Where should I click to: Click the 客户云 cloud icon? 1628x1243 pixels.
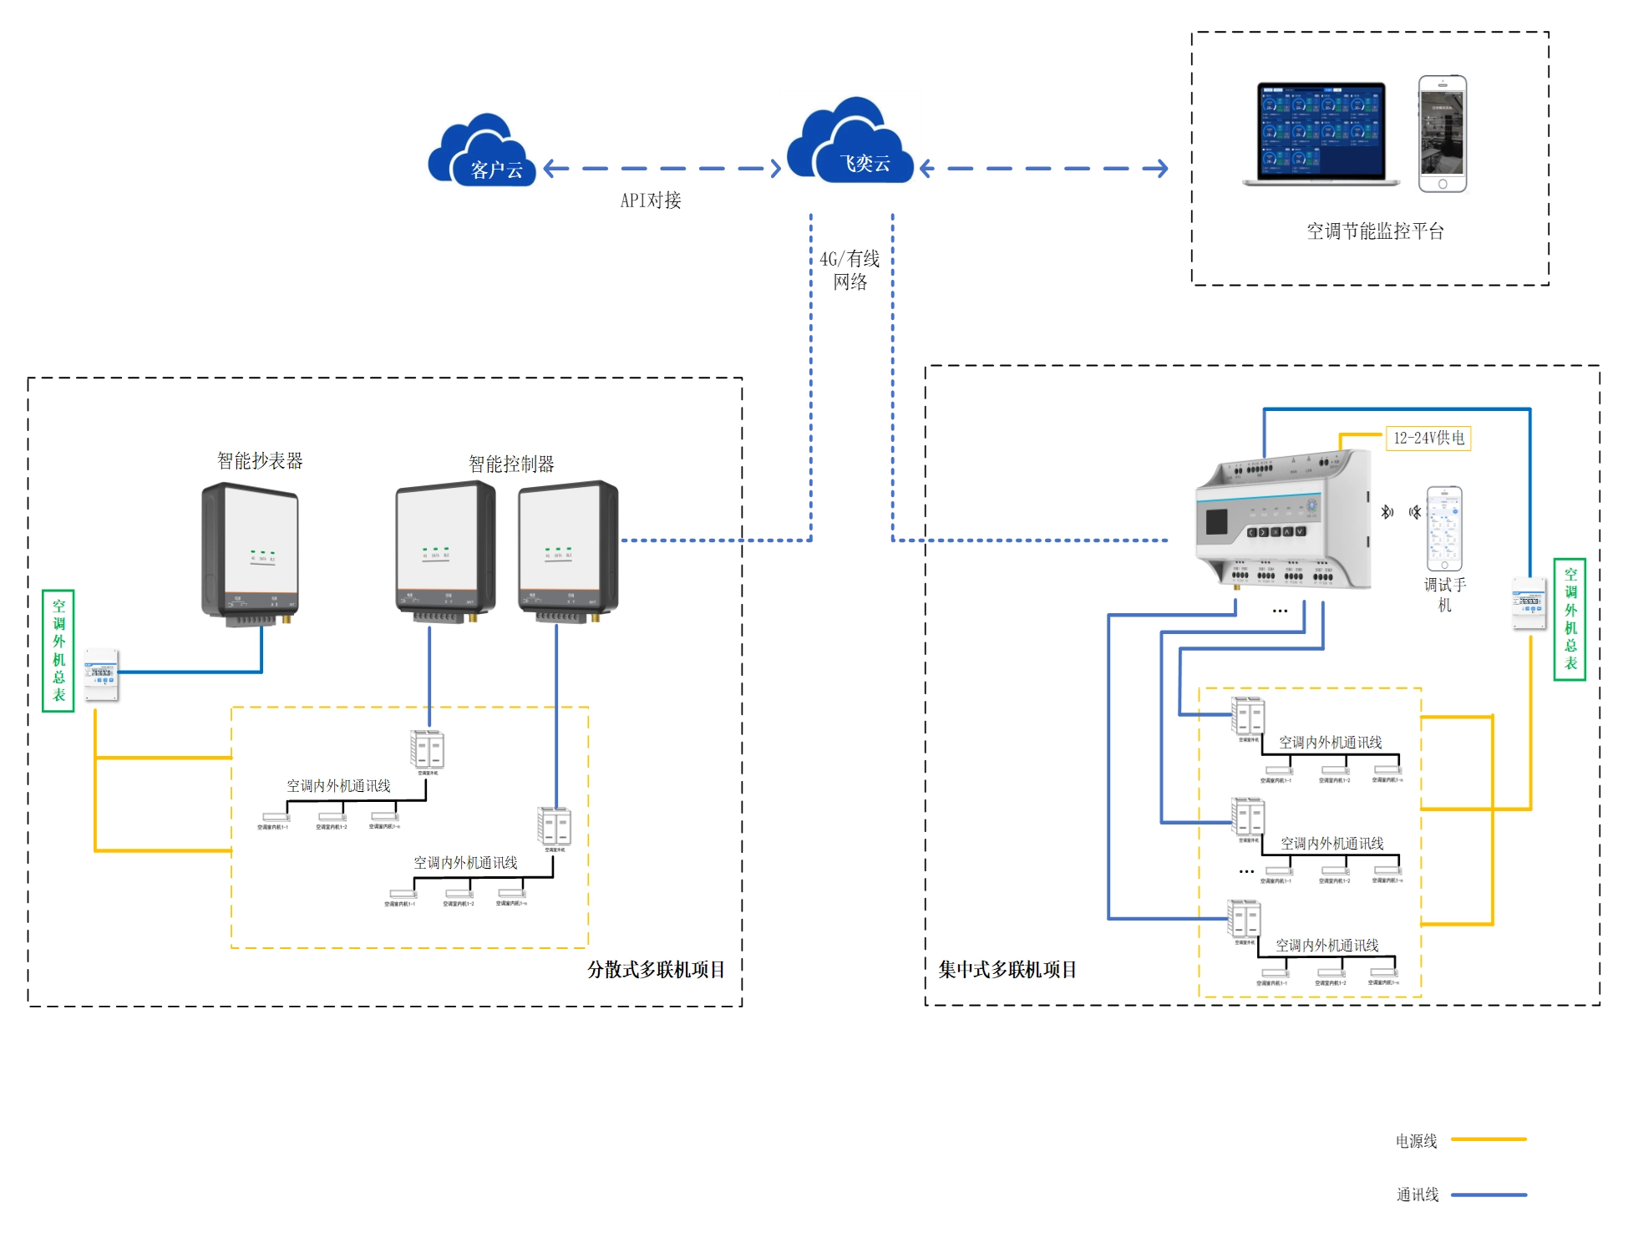481,151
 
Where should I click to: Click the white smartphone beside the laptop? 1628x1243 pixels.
1443,134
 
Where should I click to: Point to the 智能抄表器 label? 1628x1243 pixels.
260,460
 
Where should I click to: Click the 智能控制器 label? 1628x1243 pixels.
511,464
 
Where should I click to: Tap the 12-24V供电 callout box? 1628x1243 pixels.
1428,438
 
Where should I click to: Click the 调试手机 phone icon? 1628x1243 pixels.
1444,529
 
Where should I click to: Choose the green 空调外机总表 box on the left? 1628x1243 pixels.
58,651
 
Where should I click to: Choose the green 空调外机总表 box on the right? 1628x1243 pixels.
1570,619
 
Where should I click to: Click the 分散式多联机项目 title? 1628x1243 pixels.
656,969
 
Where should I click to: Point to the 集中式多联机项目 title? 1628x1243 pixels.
1007,969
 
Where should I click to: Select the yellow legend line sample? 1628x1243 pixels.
1489,1139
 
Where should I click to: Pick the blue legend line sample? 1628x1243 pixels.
1489,1195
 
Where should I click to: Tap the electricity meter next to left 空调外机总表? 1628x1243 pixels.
102,675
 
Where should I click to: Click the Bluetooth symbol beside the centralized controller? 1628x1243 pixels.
1387,512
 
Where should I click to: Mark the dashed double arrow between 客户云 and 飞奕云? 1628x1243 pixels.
661,168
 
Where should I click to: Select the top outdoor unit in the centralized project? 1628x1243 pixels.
1249,718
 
